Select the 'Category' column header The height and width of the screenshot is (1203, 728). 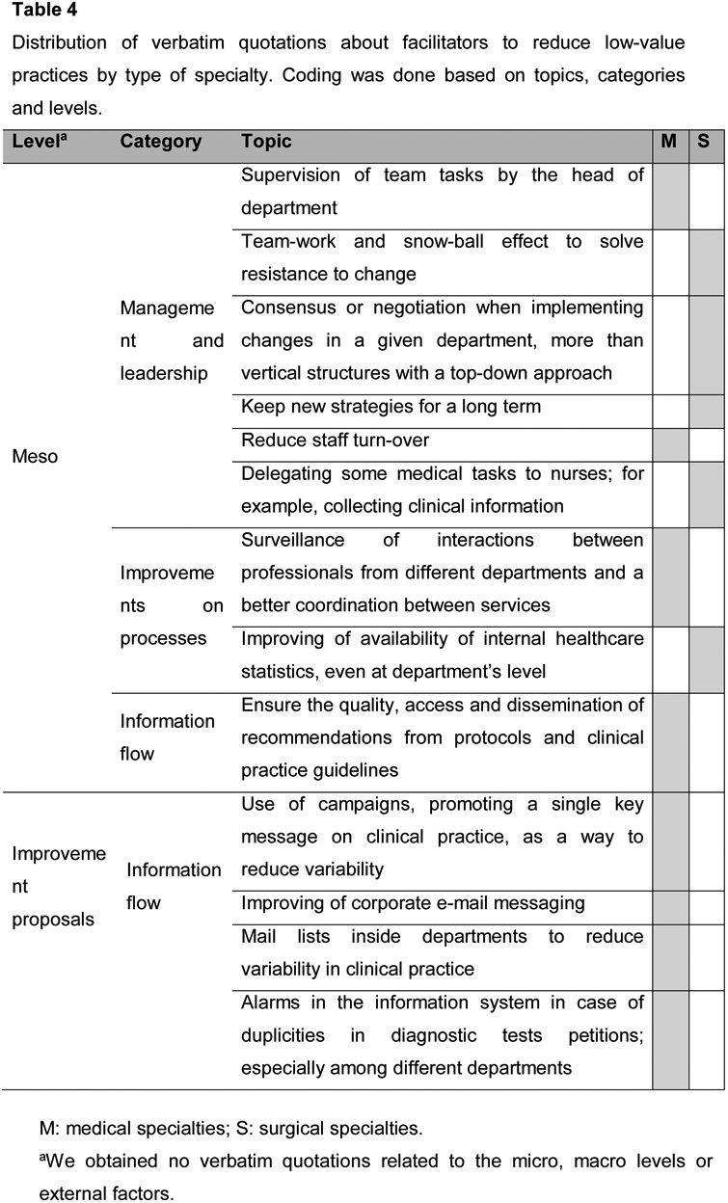click(x=160, y=142)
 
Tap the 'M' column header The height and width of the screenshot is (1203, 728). click(x=668, y=142)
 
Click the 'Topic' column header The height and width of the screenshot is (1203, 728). click(x=266, y=142)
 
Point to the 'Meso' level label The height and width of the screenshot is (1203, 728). click(x=35, y=456)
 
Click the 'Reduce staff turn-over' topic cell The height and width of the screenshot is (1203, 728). click(x=335, y=441)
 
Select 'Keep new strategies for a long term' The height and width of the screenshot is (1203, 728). click(x=391, y=407)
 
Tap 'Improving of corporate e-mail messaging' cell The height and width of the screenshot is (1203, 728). click(x=413, y=903)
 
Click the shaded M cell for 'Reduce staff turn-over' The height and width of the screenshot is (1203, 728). click(x=670, y=444)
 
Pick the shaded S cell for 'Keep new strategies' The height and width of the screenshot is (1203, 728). click(x=706, y=411)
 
